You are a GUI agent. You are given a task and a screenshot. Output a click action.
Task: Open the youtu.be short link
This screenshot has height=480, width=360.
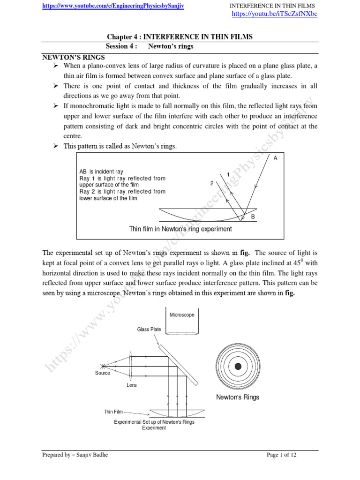pyautogui.click(x=275, y=14)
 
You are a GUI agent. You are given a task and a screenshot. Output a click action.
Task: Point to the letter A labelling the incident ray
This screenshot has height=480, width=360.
pyautogui.click(x=276, y=158)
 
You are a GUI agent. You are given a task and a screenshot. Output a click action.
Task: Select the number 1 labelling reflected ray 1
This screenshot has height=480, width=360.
pyautogui.click(x=228, y=175)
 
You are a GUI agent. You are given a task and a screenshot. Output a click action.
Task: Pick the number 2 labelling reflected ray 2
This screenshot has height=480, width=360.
pyautogui.click(x=212, y=183)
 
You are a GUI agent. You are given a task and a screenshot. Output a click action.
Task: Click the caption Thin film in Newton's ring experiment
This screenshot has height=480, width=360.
pyautogui.click(x=180, y=229)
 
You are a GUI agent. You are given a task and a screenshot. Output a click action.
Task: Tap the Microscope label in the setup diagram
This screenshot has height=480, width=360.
pyautogui.click(x=182, y=315)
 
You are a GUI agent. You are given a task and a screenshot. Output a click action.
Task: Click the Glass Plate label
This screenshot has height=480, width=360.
pyautogui.click(x=149, y=330)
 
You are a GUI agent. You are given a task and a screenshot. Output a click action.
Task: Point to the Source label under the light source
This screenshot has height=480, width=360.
pyautogui.click(x=103, y=373)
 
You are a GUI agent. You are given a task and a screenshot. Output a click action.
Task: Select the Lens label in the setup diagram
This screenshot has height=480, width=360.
pyautogui.click(x=132, y=385)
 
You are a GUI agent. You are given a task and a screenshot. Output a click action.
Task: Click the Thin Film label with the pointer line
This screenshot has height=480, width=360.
pyautogui.click(x=113, y=412)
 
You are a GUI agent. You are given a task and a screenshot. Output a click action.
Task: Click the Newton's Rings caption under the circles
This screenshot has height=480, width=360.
pyautogui.click(x=238, y=397)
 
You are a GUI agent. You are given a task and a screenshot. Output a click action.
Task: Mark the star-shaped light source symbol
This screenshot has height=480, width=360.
pyautogui.click(x=102, y=366)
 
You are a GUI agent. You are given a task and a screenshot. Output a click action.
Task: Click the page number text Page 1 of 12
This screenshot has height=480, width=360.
pyautogui.click(x=282, y=455)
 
